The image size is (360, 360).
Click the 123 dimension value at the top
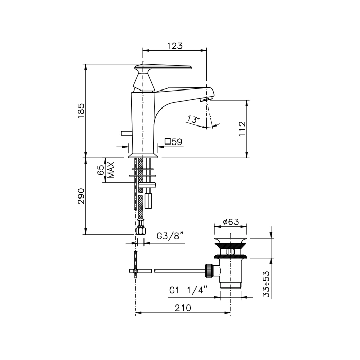pyautogui.click(x=174, y=46)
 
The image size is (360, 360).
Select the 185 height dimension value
pyautogui.click(x=81, y=111)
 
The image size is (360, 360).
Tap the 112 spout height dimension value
pyautogui.click(x=242, y=129)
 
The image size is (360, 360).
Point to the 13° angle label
pyautogui.click(x=192, y=119)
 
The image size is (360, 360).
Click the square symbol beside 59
pyautogui.click(x=168, y=141)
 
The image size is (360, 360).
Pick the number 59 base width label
pyautogui.click(x=177, y=141)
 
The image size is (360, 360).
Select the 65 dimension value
pyautogui.click(x=101, y=170)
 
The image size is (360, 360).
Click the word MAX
pyautogui.click(x=111, y=170)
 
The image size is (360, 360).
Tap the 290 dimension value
pyautogui.click(x=81, y=196)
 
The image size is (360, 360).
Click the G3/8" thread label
pyautogui.click(x=170, y=236)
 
